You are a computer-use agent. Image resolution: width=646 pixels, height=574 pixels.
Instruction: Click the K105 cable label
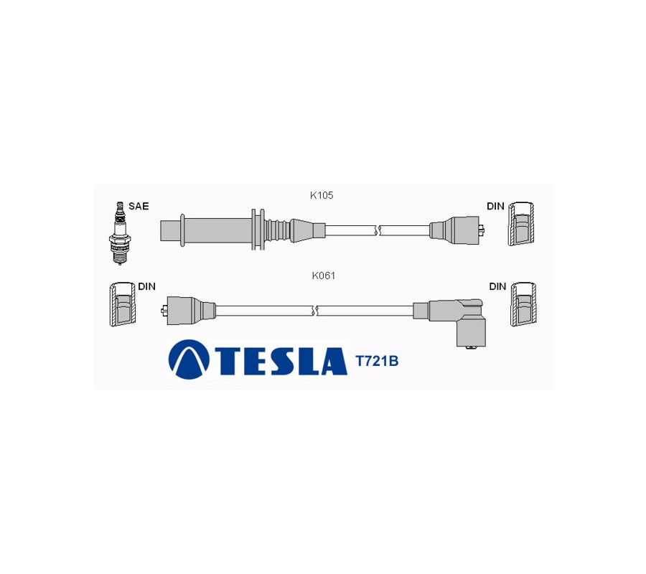tap(322, 195)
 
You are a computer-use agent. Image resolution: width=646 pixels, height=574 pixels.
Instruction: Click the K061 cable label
tap(324, 276)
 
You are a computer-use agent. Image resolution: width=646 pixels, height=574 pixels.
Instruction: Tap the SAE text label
tap(139, 206)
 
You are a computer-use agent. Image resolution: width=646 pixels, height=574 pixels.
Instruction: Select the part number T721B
tap(377, 361)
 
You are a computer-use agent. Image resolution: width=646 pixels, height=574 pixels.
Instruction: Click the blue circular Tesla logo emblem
tap(189, 359)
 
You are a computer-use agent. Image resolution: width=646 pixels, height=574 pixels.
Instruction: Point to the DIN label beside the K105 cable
tap(495, 206)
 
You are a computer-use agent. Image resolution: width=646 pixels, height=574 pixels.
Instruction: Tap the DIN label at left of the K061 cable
tap(146, 286)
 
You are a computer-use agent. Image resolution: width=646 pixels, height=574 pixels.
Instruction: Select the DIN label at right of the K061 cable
tap(497, 286)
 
